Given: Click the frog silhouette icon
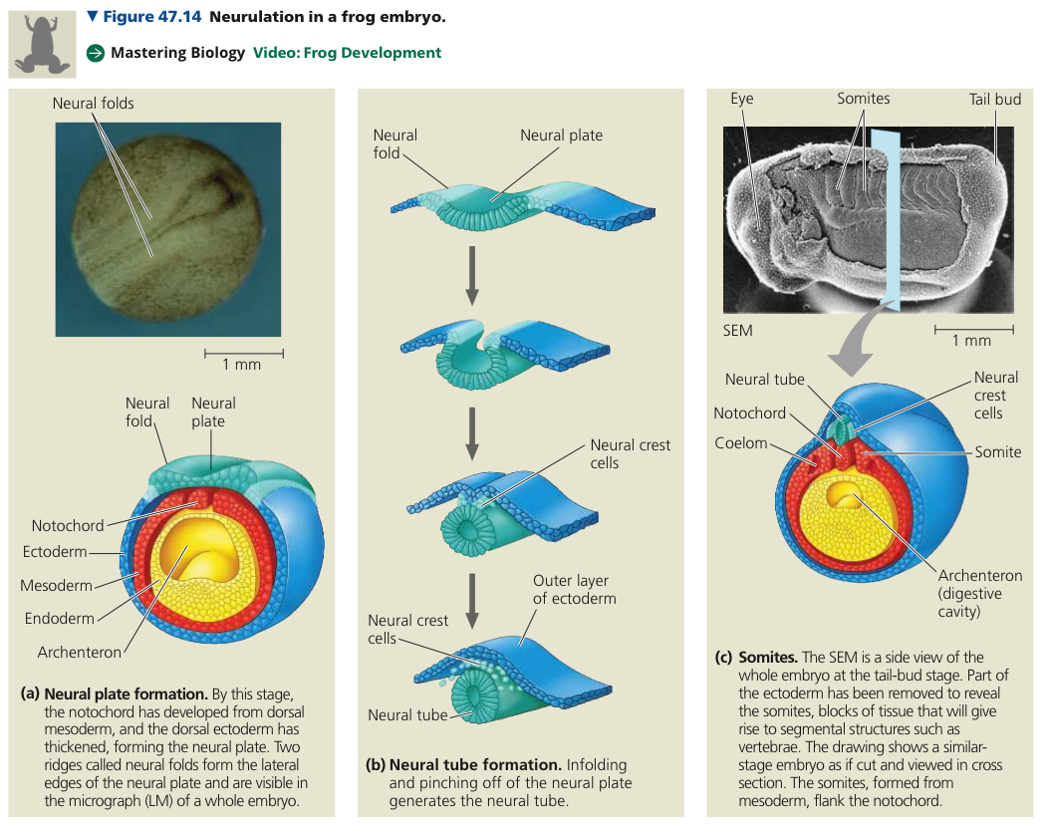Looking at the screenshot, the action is click(42, 44).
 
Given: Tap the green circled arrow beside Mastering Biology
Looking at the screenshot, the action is click(96, 53).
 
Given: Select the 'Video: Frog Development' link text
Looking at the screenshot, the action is click(347, 53).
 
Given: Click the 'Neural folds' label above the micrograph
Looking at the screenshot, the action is click(93, 104).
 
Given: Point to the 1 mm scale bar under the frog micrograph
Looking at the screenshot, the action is click(243, 353).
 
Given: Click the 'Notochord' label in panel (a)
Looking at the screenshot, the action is click(68, 526).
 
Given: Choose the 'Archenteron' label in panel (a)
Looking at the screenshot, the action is click(80, 652).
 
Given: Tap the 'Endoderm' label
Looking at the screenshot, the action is click(60, 619).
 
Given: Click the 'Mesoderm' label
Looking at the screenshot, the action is click(56, 585).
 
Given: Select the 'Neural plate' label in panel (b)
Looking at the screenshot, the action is click(561, 136).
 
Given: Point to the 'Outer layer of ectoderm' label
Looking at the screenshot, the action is click(575, 590).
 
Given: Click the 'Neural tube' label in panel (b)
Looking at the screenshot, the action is click(407, 714).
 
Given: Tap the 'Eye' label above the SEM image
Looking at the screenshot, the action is click(742, 99).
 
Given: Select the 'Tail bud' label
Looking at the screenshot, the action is click(995, 100).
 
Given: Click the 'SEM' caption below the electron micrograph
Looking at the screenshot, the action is click(738, 331).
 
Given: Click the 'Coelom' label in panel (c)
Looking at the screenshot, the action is click(740, 443).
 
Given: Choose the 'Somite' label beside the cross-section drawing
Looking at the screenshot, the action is click(998, 452).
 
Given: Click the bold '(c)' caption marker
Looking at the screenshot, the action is click(724, 658).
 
